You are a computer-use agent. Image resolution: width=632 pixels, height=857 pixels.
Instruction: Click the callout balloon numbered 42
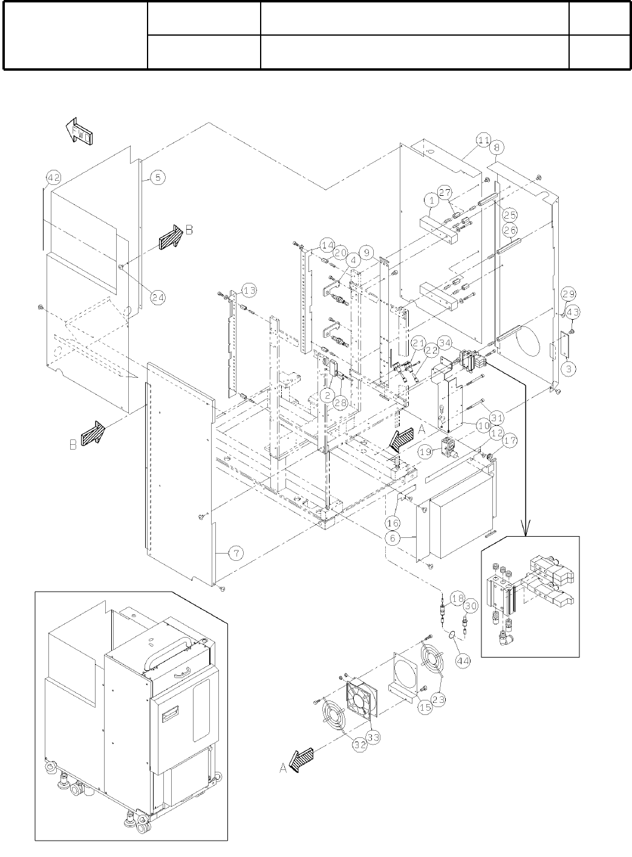[x=54, y=177]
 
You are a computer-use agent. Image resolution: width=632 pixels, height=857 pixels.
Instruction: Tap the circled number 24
[x=157, y=297]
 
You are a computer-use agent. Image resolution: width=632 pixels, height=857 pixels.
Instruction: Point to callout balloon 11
[x=483, y=140]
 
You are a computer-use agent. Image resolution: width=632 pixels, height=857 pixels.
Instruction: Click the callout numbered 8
[x=497, y=147]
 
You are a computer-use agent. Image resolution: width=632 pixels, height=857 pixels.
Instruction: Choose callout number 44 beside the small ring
[x=462, y=661]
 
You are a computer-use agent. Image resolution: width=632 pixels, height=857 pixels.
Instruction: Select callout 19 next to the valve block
[x=425, y=451]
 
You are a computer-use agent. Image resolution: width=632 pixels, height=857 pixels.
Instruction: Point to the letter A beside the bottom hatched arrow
[x=282, y=768]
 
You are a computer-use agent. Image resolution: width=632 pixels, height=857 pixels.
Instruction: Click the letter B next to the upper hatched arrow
[x=189, y=230]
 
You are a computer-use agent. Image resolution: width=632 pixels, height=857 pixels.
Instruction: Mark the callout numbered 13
[x=249, y=291]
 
